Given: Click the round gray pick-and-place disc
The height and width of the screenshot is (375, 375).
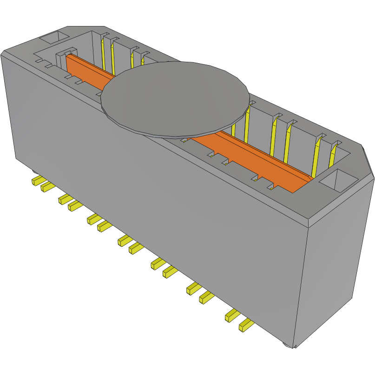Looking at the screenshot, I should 174,99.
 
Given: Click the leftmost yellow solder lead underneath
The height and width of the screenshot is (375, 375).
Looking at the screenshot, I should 37,180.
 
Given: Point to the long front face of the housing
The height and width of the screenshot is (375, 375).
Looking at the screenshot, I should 153,200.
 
